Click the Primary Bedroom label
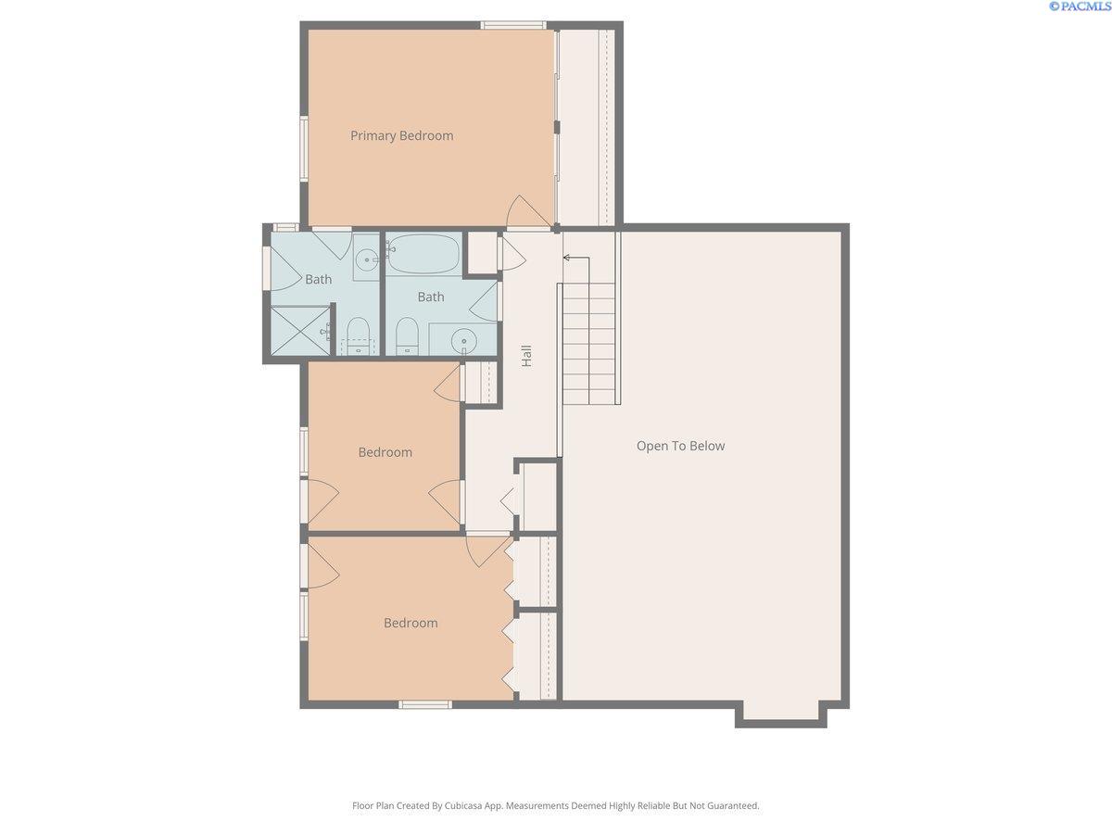[401, 136]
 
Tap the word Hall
[526, 356]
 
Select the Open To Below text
[680, 446]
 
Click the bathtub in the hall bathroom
[423, 253]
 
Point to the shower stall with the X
[298, 331]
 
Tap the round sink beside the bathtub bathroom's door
[463, 341]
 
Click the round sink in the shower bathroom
[367, 260]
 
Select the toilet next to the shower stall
[358, 335]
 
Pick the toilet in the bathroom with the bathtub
[407, 335]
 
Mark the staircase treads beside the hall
[588, 343]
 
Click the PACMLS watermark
[1079, 6]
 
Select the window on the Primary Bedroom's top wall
[512, 25]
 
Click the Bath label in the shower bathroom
[318, 280]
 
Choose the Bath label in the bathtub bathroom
[430, 297]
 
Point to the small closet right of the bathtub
[480, 252]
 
